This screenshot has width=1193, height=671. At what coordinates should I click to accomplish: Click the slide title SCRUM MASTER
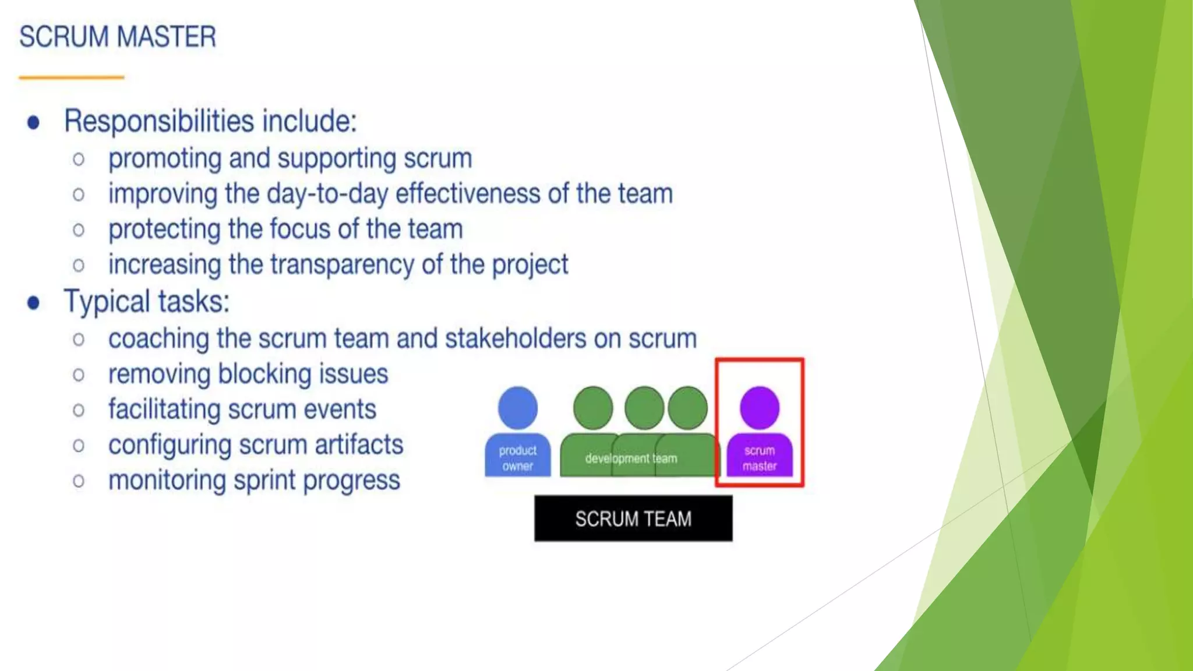[118, 37]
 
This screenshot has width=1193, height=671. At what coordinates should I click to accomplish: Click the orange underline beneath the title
[71, 77]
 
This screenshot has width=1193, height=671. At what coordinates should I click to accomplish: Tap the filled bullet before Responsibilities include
[34, 122]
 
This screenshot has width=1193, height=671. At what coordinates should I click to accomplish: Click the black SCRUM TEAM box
[633, 518]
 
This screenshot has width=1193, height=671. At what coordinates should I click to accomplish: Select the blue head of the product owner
[518, 408]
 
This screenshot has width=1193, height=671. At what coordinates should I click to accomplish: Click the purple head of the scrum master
[760, 408]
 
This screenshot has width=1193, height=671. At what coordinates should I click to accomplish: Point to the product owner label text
[518, 458]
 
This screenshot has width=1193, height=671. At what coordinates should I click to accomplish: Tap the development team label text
[631, 458]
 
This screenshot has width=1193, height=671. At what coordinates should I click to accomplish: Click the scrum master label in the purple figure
[760, 458]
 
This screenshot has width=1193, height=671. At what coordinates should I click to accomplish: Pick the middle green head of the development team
[644, 408]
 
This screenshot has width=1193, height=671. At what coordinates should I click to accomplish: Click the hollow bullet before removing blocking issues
[79, 375]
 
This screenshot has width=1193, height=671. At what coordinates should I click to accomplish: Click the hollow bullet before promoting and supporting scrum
[79, 159]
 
